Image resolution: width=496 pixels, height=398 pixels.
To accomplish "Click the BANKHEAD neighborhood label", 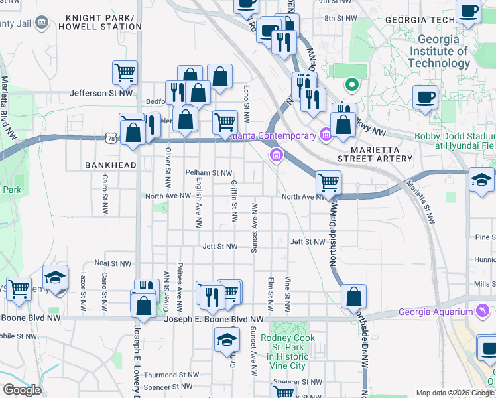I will [x=110, y=165].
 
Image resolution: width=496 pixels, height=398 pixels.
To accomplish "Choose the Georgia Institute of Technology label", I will [x=439, y=51].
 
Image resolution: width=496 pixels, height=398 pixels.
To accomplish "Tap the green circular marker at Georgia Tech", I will [x=351, y=85].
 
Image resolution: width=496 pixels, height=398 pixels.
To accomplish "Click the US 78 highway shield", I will [x=110, y=137].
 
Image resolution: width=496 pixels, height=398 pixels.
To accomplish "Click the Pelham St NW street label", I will [x=208, y=172].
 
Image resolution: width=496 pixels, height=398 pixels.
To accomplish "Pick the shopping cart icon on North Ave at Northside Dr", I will [x=328, y=181].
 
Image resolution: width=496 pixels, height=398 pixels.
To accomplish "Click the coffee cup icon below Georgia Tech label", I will [x=425, y=97].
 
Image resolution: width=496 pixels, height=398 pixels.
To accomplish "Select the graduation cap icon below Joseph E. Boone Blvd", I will [x=227, y=340].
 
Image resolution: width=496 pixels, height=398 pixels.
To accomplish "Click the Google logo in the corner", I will [x=22, y=390].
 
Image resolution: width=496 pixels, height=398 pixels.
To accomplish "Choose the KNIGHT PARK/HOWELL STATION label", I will [x=102, y=22].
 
